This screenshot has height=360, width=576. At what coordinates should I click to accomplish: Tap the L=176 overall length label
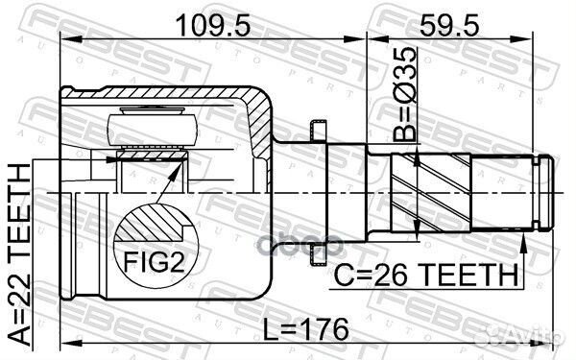[307, 328]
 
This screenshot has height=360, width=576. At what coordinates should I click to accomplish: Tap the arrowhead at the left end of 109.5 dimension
[66, 39]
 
